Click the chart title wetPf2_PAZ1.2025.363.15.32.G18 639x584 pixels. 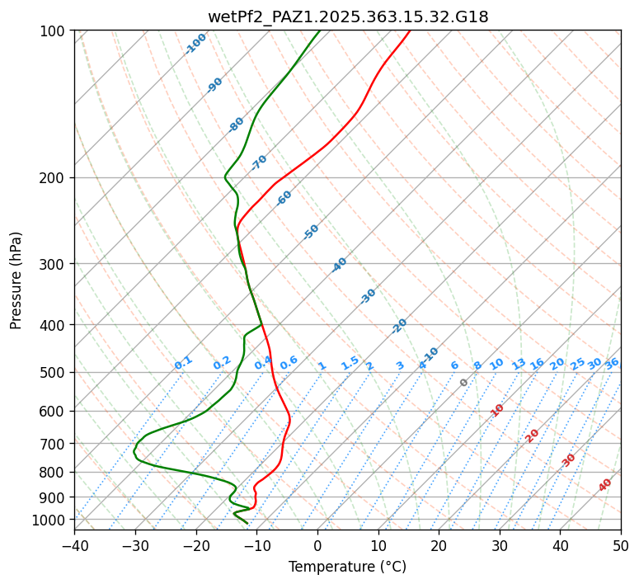347,16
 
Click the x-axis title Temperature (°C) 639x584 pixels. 347,568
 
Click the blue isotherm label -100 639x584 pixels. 196,44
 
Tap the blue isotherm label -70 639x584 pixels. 259,162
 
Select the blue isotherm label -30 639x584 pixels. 368,296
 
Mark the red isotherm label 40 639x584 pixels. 605,485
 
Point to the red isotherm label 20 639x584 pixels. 533,435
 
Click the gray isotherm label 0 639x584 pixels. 464,383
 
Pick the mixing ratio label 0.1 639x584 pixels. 184,363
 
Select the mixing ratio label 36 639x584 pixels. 612,364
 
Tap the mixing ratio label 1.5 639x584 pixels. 350,363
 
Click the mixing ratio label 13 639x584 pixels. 519,364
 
